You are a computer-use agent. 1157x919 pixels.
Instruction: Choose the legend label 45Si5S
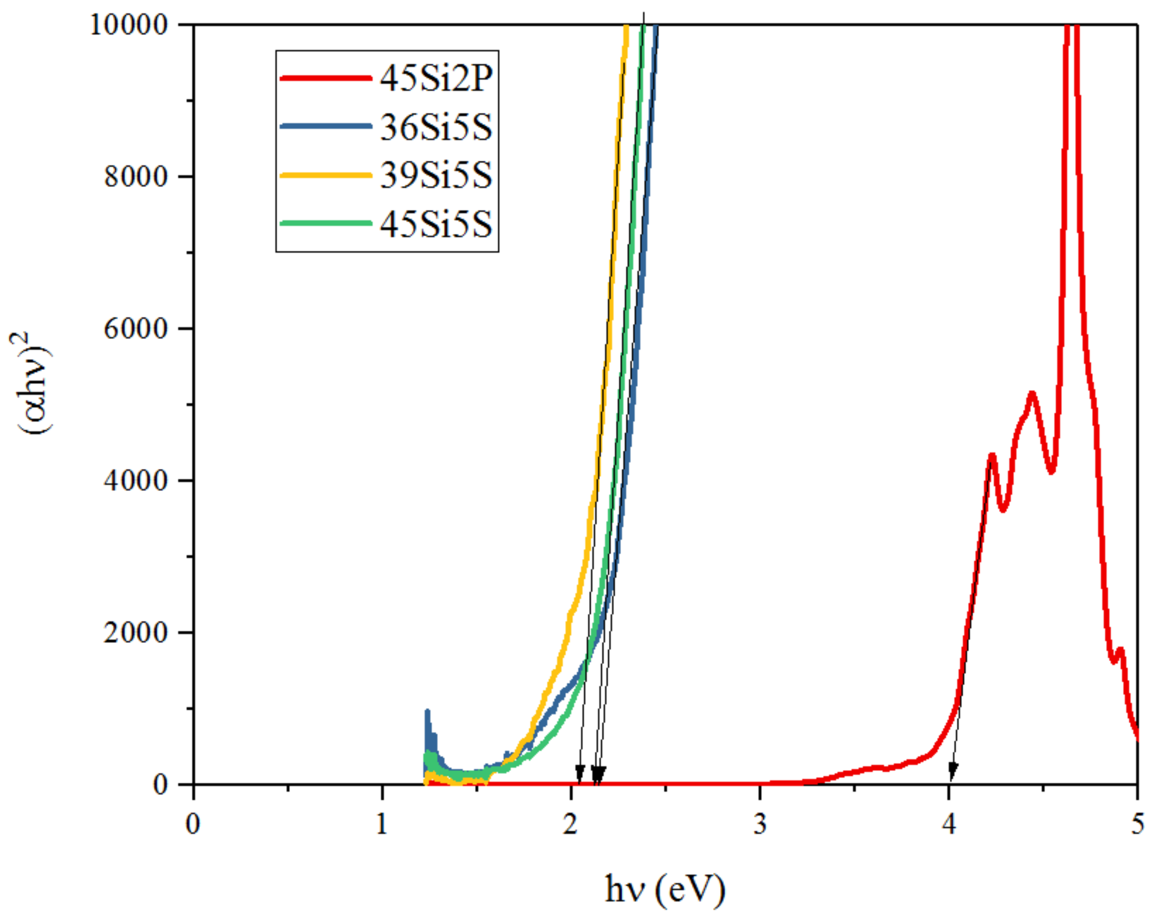(436, 224)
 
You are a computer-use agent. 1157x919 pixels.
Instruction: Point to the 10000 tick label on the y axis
(129, 25)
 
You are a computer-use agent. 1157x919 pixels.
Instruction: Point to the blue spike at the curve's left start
(428, 716)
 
